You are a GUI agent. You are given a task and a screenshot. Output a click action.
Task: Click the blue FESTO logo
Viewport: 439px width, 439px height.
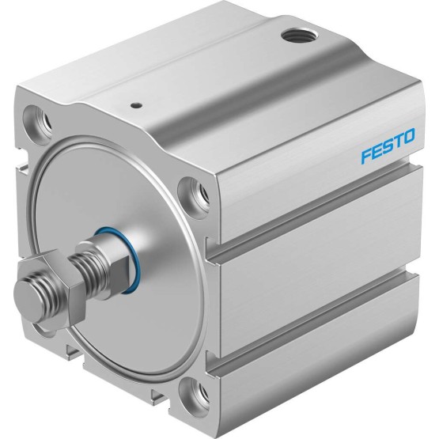click(388, 146)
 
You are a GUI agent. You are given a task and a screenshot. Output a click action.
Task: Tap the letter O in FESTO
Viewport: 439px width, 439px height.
click(408, 136)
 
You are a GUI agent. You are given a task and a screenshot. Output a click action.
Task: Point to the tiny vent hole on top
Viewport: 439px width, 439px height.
click(136, 105)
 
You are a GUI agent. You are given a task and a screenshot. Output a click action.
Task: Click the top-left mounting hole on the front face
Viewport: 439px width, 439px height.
click(37, 121)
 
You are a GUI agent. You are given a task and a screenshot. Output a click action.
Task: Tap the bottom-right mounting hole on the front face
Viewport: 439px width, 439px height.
click(194, 392)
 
